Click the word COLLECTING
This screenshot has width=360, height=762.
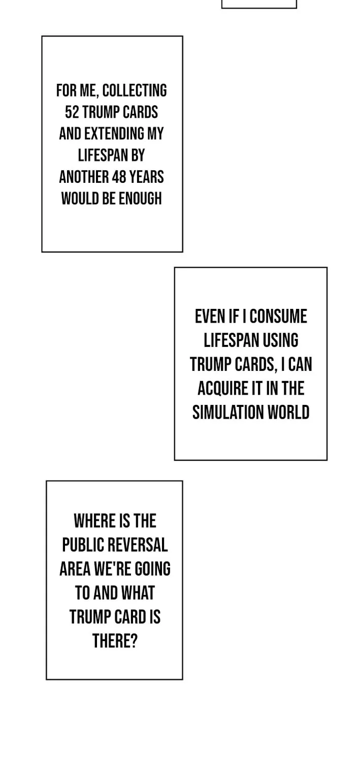[135, 91]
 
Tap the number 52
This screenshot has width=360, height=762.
[72, 112]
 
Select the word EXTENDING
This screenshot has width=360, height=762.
[114, 134]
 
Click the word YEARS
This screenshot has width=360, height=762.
[147, 177]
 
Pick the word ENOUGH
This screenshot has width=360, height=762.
[140, 199]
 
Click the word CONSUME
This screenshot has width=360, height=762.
[278, 316]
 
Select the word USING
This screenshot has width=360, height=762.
[280, 340]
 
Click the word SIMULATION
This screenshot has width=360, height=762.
[228, 412]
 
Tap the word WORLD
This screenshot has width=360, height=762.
[288, 412]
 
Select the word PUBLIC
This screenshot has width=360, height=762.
[81, 545]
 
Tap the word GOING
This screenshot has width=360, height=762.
[153, 569]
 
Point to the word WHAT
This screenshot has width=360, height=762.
[138, 593]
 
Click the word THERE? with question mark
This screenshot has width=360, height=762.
[115, 641]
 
